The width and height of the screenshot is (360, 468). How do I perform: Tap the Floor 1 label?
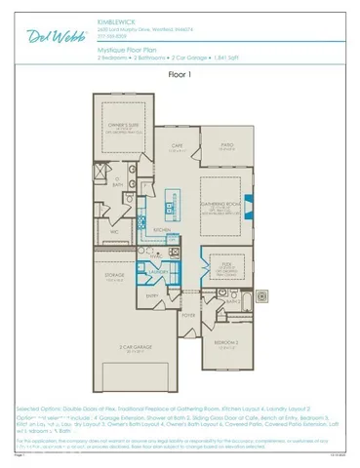[180, 73]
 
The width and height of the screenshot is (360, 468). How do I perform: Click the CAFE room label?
[179, 144]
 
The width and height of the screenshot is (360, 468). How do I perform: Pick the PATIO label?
[227, 145]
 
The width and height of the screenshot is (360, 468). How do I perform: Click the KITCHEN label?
[163, 230]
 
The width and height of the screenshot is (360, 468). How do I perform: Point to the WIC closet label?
[114, 232]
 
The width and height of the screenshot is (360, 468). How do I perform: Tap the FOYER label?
[188, 315]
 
